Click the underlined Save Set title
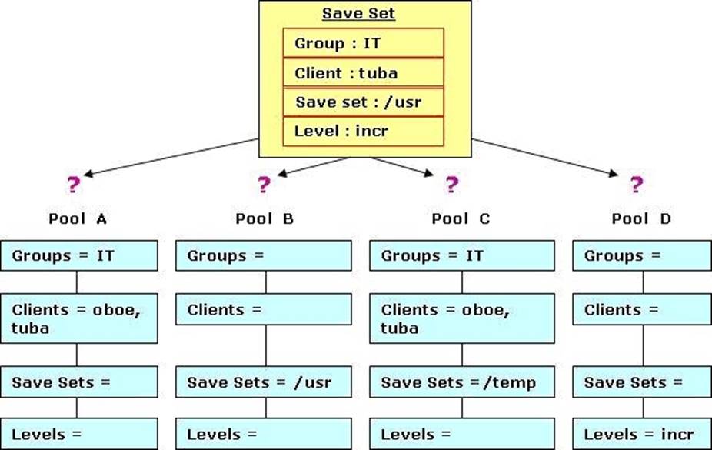[x=358, y=14]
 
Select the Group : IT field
[x=363, y=43]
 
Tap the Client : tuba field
[x=363, y=72]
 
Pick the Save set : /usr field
[x=363, y=102]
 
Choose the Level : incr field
[x=363, y=132]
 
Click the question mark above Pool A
[x=73, y=185]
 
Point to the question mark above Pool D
[x=637, y=185]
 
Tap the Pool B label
[x=265, y=219]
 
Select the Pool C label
[x=461, y=219]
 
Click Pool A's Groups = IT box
[x=79, y=255]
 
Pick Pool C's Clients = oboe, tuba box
[x=462, y=318]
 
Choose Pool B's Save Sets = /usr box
[x=264, y=382]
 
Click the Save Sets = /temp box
[x=462, y=382]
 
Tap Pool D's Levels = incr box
[x=642, y=434]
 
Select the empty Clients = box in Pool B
[x=264, y=309]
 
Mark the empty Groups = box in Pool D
[x=642, y=255]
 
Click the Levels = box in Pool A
[x=79, y=434]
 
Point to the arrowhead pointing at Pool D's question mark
[x=614, y=173]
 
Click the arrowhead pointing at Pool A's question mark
[x=88, y=173]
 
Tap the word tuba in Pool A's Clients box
[x=30, y=328]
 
